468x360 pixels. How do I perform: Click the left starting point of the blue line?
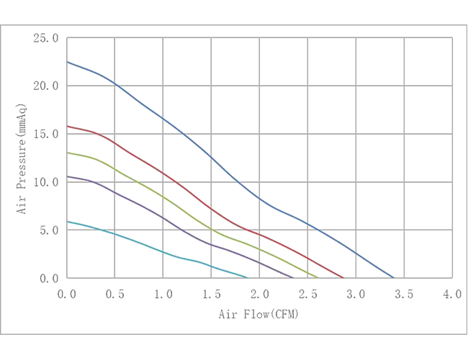click(x=67, y=62)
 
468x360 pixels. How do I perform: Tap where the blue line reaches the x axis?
click(x=395, y=276)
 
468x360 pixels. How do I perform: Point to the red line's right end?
click(x=342, y=276)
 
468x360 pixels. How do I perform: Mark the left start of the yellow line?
click(x=67, y=153)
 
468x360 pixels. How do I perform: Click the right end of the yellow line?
click(x=318, y=276)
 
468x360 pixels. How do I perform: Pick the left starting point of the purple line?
click(x=67, y=175)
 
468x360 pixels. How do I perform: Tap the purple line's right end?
click(x=293, y=276)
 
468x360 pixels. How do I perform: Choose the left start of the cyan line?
click(x=67, y=222)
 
